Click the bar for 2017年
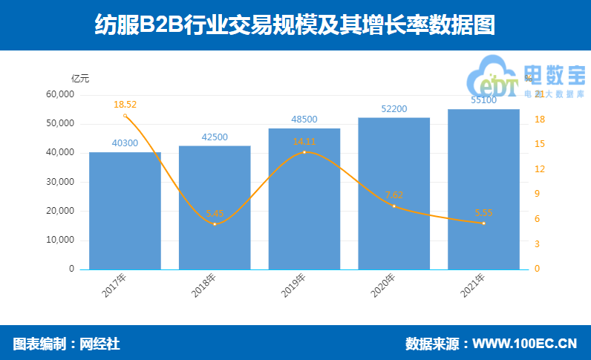pyautogui.click(x=125, y=211)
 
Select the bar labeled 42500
pyautogui.click(x=215, y=208)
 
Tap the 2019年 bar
pyautogui.click(x=304, y=199)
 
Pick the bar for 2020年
pyautogui.click(x=394, y=193)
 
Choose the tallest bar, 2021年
pyautogui.click(x=483, y=189)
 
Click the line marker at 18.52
pyautogui.click(x=125, y=116)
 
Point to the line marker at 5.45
pyautogui.click(x=215, y=223)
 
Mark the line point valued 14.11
pyautogui.click(x=304, y=152)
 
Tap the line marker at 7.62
pyautogui.click(x=394, y=206)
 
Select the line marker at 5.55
pyautogui.click(x=483, y=223)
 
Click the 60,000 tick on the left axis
pyautogui.click(x=60, y=94)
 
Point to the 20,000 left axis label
pyautogui.click(x=60, y=211)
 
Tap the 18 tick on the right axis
pyautogui.click(x=540, y=120)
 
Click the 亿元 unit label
pyautogui.click(x=80, y=78)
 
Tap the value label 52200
pyautogui.click(x=394, y=109)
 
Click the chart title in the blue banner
pyautogui.click(x=295, y=26)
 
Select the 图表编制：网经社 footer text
pyautogui.click(x=67, y=344)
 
